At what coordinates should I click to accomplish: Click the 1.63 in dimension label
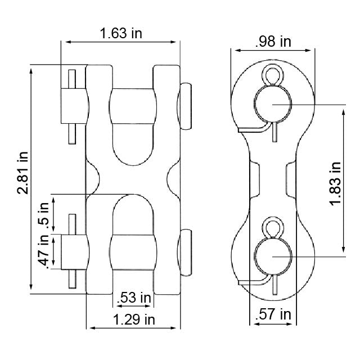(121, 33)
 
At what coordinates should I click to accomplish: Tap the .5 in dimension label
(43, 213)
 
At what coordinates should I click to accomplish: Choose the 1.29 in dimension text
(134, 320)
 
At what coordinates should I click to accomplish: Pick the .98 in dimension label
(273, 42)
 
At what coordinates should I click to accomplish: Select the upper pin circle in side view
(272, 104)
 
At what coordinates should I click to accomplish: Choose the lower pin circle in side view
(272, 257)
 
